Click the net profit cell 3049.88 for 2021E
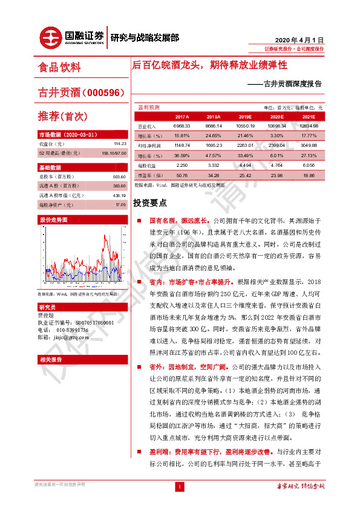click(309, 145)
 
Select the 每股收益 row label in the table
click(146, 164)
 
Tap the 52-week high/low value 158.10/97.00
click(112, 154)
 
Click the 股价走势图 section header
click(54, 219)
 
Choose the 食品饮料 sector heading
click(59, 67)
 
